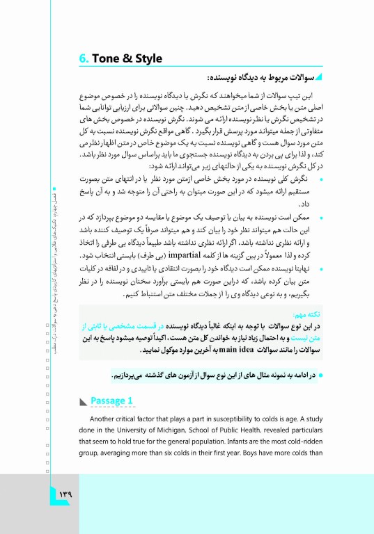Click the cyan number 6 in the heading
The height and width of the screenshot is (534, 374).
click(82, 58)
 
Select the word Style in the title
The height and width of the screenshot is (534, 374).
click(147, 58)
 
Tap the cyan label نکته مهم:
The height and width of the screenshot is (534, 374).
click(295, 314)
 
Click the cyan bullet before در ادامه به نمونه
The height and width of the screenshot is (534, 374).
click(312, 375)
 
